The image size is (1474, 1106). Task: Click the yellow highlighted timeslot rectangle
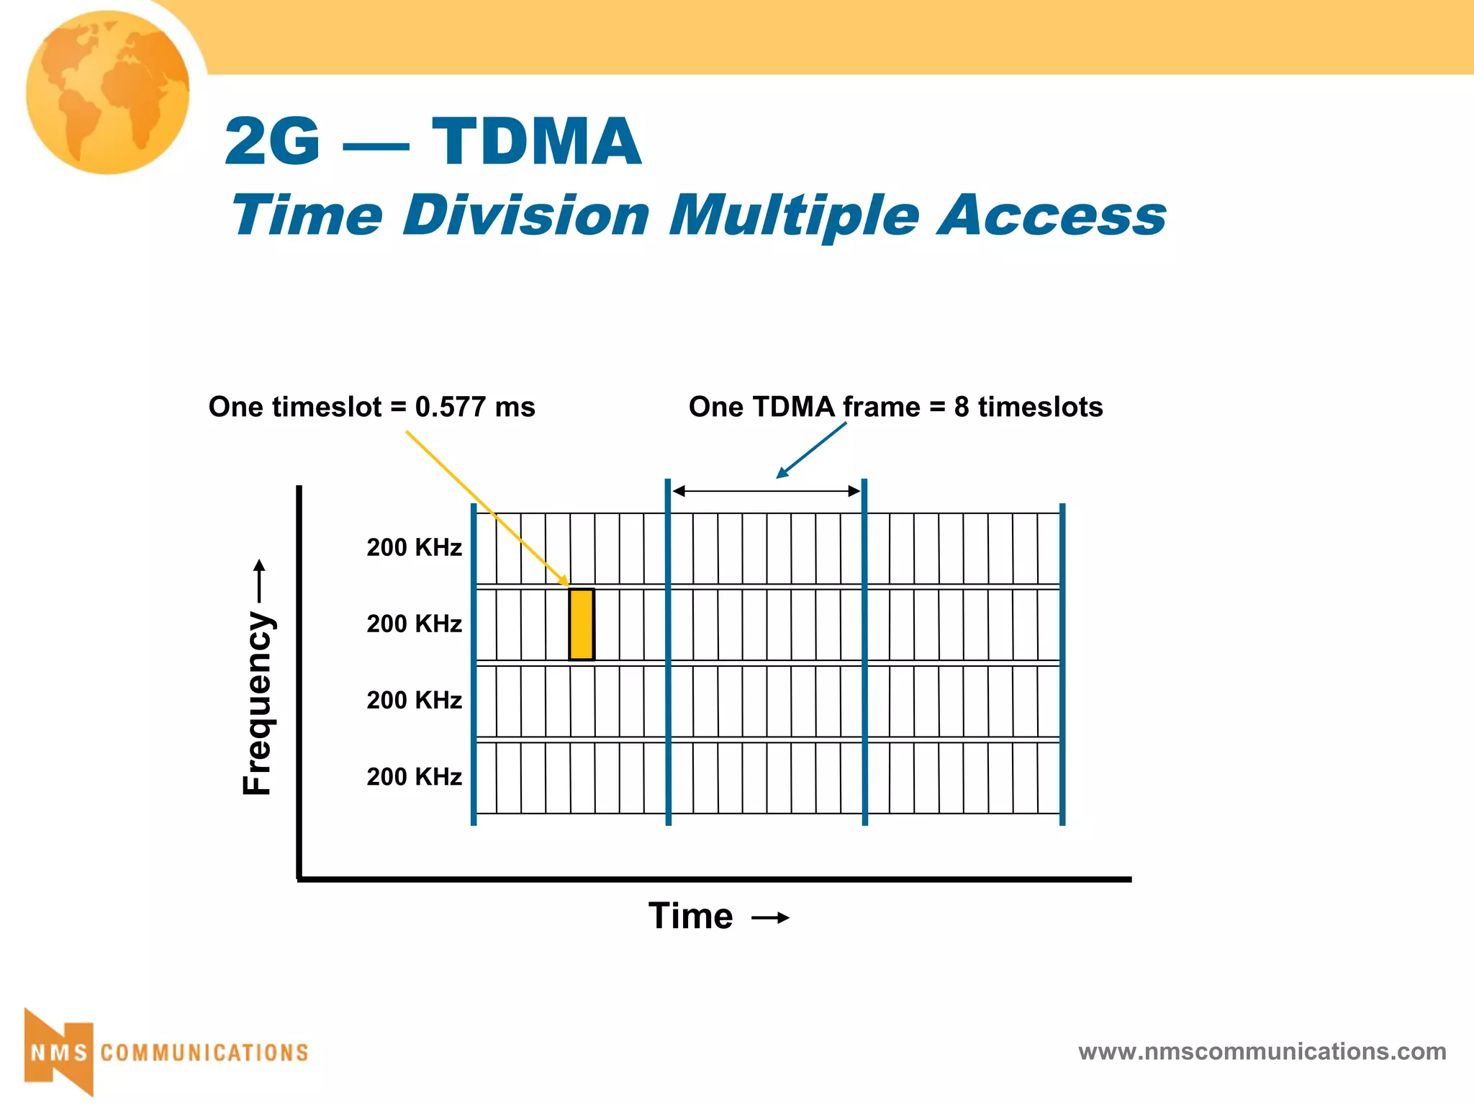point(582,624)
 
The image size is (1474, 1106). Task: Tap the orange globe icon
point(108,92)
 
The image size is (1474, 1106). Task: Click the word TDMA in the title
point(536,142)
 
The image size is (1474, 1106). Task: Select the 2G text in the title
point(272,142)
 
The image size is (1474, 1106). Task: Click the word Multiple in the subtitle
point(795,216)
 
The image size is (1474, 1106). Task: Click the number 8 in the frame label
point(962,408)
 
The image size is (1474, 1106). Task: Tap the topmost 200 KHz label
point(414,548)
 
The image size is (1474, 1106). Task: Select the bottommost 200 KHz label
point(414,777)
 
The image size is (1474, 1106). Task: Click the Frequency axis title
point(258,702)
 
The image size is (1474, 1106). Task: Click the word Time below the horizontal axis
point(690,917)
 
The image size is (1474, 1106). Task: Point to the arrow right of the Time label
point(770,918)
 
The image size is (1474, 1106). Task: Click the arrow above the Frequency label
point(260,582)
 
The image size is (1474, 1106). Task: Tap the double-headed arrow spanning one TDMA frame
point(766,491)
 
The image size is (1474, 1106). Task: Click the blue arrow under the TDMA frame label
point(811,450)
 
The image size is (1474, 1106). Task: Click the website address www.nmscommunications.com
point(1262,1052)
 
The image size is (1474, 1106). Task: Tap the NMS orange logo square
point(59,1053)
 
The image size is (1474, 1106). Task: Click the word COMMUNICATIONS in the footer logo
point(204,1053)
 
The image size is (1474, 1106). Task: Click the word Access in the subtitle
point(1052,216)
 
